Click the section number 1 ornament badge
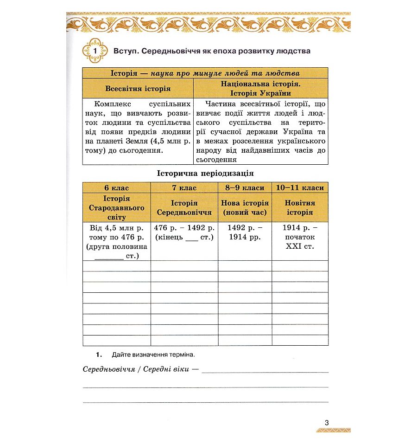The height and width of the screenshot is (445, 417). (95, 51)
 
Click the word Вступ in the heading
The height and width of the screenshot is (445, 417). (125, 51)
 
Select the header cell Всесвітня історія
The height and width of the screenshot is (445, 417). (138, 88)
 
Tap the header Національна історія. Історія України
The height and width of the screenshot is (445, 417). (260, 88)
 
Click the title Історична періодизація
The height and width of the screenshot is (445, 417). (205, 174)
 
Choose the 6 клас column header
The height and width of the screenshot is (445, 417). (116, 188)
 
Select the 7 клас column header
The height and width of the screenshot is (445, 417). (184, 188)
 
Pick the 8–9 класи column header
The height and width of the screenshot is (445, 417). (245, 188)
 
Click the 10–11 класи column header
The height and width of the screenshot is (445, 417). (300, 188)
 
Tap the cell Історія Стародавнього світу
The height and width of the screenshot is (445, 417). (116, 208)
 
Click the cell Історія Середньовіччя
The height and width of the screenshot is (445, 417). (184, 208)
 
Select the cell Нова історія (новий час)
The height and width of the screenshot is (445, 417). (245, 208)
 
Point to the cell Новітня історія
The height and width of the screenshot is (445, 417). (300, 208)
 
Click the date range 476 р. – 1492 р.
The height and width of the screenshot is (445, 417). (184, 228)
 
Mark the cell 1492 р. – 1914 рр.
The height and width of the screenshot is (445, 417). (245, 232)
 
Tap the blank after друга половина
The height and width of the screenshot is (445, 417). (109, 256)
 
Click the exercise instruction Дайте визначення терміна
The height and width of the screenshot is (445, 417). (153, 355)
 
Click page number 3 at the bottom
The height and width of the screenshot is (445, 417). (327, 423)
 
